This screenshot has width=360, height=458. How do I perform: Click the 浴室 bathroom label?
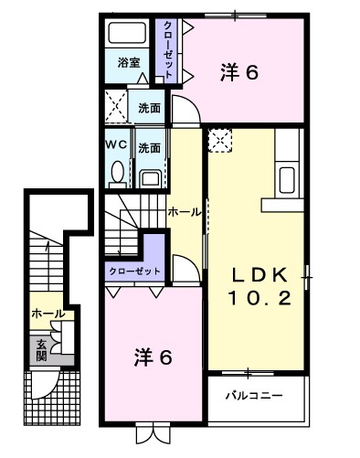[129, 63]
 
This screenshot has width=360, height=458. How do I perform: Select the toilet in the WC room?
[116, 172]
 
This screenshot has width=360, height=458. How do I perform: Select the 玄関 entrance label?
[42, 349]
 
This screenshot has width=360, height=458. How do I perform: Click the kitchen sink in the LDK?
[287, 176]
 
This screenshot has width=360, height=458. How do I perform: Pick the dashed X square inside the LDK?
[220, 140]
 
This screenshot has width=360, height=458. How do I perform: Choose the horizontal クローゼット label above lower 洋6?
[134, 272]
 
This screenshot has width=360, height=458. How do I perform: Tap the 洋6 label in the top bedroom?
[240, 72]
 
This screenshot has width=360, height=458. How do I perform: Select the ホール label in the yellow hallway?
[185, 211]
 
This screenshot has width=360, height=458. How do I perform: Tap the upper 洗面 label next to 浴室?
[150, 107]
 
